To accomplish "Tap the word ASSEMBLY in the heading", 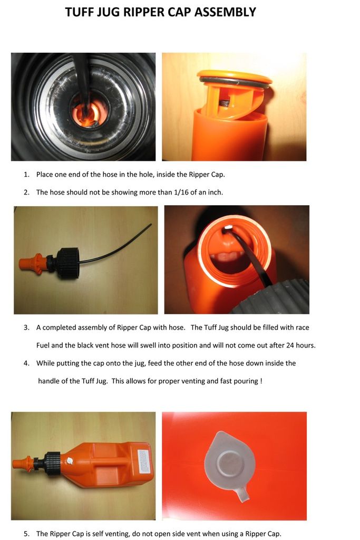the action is coord(225,12).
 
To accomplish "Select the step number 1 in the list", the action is coord(26,175).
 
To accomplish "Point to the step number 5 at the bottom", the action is coord(26,534).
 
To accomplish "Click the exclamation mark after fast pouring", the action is coord(261,381).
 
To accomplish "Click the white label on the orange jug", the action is coord(144,461).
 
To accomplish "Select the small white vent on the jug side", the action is coord(70,460).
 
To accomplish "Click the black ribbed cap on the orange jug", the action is coord(52,464).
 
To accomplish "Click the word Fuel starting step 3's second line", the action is coord(43,345).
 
